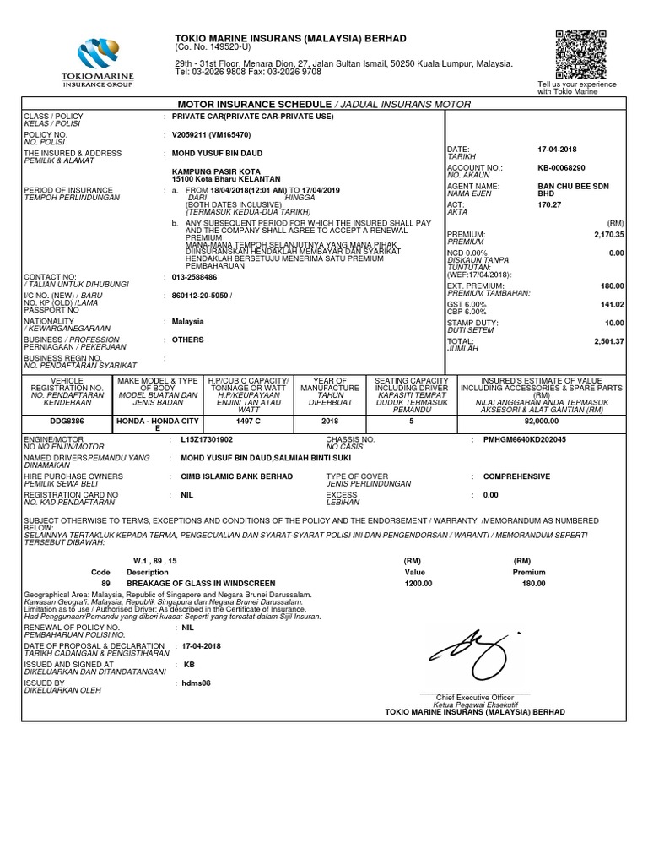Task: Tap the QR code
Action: pos(581,53)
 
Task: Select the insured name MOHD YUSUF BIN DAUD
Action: pos(217,153)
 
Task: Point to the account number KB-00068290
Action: pos(561,167)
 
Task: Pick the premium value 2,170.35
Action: pos(607,234)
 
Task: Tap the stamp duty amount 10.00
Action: pos(614,323)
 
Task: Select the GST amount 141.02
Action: pos(611,304)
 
